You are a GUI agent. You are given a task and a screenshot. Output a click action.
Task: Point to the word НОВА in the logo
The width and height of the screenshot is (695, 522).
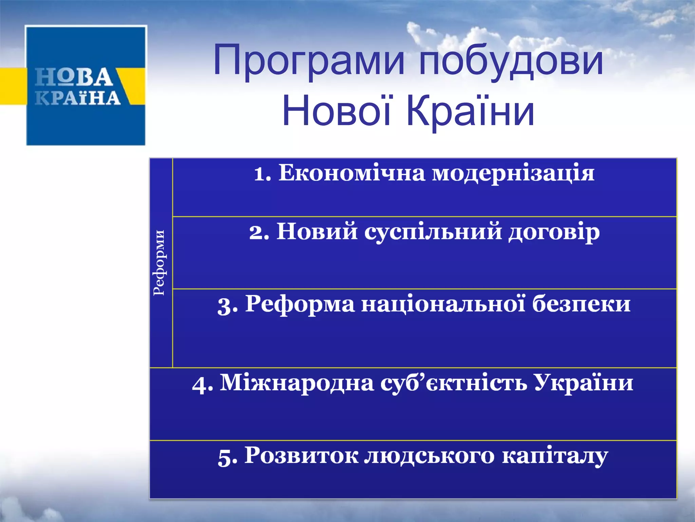click(x=74, y=77)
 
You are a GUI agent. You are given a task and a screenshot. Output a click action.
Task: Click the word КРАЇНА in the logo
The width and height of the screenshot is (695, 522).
click(x=78, y=98)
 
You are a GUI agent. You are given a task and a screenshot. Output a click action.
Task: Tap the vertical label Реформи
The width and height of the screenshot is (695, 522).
click(x=159, y=263)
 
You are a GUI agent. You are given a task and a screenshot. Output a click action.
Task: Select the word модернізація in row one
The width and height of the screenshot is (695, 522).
click(x=513, y=174)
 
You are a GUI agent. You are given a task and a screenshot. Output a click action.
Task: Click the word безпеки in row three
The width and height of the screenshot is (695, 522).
click(x=581, y=303)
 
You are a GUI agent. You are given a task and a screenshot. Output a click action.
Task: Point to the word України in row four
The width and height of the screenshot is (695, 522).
click(x=583, y=383)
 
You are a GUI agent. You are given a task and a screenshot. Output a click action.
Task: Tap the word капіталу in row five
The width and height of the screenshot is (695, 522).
click(x=555, y=456)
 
